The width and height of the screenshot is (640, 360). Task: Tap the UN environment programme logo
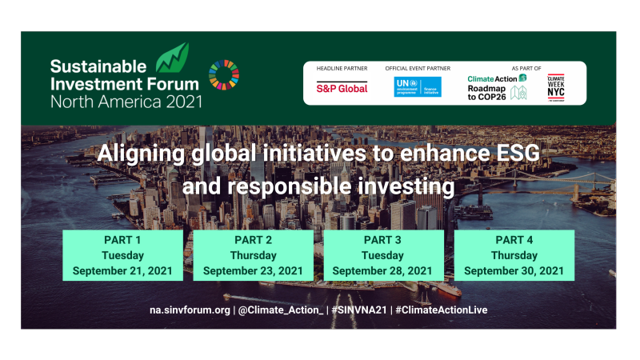[x=417, y=87]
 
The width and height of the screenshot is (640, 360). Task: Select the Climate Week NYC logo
[x=556, y=86]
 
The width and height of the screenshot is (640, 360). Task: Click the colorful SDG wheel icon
[x=223, y=75]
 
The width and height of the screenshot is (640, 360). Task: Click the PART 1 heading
[x=122, y=241]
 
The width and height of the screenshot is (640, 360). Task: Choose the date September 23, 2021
[x=253, y=270]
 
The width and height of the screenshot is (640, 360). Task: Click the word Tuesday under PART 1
[x=122, y=255]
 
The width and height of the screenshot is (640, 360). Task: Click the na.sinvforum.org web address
[x=190, y=310]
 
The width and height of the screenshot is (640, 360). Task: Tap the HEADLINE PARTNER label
[x=338, y=69]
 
